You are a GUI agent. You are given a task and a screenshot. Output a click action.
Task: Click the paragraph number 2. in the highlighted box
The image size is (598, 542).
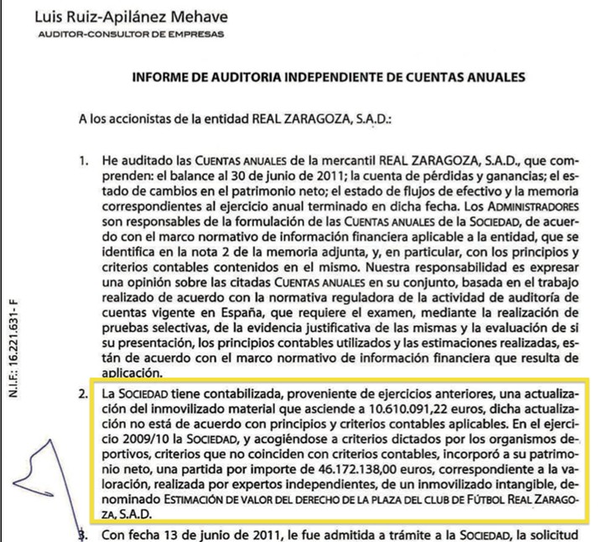tap(85, 393)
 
